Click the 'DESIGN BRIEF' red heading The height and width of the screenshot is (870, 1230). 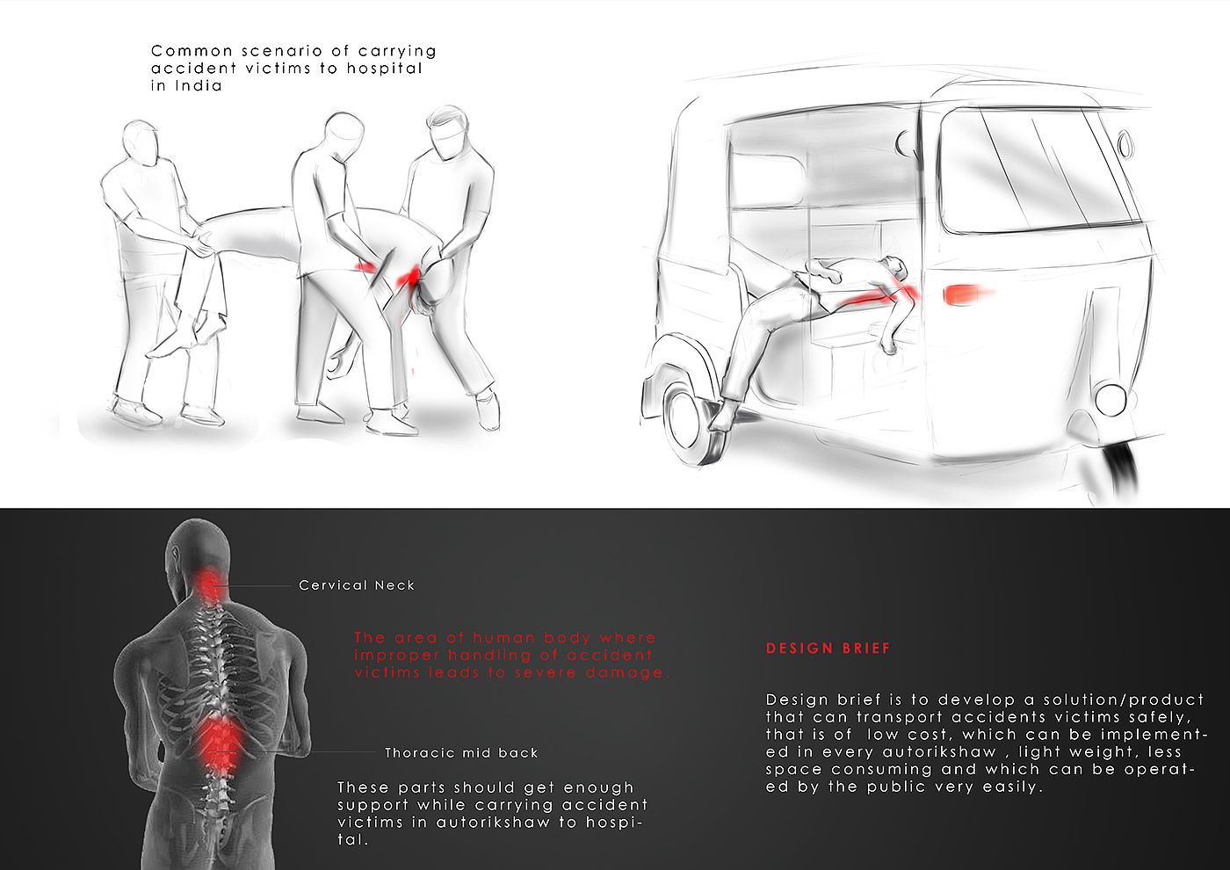828,649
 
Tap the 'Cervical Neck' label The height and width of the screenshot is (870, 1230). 357,585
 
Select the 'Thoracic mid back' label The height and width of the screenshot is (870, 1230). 461,752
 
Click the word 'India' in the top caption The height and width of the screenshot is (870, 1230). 199,86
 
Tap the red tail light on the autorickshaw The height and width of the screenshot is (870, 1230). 963,294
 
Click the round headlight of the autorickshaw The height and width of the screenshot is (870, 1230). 1111,400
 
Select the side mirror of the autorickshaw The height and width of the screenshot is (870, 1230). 1125,144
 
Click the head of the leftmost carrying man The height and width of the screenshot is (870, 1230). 141,141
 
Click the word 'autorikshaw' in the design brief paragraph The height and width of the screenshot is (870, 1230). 939,751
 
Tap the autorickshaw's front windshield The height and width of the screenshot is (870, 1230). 1038,170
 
